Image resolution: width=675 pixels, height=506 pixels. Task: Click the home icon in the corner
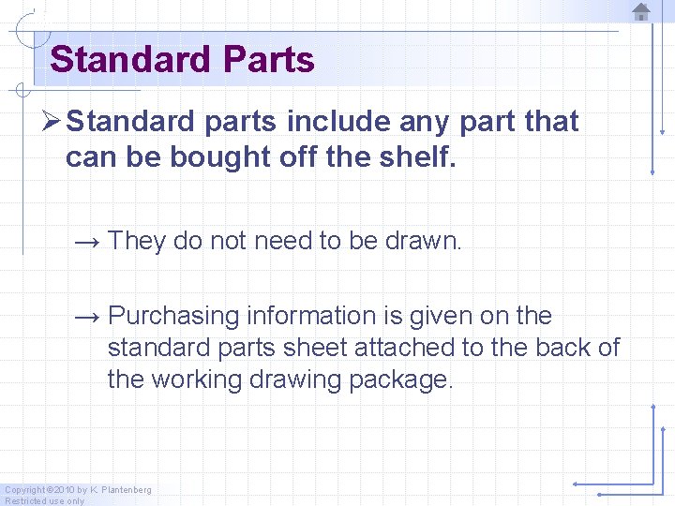click(641, 12)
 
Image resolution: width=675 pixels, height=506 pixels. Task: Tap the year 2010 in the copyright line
click(64, 490)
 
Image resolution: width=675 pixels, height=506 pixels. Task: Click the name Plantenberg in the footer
click(126, 490)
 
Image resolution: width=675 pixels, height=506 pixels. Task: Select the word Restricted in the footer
click(24, 501)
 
